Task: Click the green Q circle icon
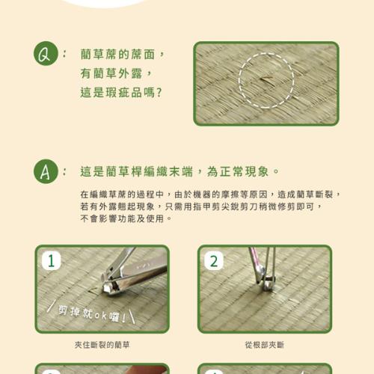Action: pyautogui.click(x=46, y=54)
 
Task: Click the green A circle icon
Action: pyautogui.click(x=46, y=171)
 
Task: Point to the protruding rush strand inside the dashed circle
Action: pyautogui.click(x=266, y=80)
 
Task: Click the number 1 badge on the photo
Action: pyautogui.click(x=52, y=261)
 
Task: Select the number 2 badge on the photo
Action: pyautogui.click(x=214, y=261)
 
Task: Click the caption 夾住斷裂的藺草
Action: pyautogui.click(x=102, y=345)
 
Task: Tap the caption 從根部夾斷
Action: pyautogui.click(x=265, y=345)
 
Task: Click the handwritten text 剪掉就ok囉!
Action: pyautogui.click(x=92, y=313)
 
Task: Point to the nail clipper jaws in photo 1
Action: pyautogui.click(x=110, y=287)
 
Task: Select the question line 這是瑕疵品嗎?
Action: pyautogui.click(x=121, y=93)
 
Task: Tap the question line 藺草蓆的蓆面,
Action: pyautogui.click(x=122, y=54)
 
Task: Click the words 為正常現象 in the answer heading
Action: pyautogui.click(x=238, y=171)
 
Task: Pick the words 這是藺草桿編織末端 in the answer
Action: pyautogui.click(x=137, y=171)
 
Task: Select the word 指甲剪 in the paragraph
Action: pyautogui.click(x=207, y=206)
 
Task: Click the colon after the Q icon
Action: pyautogui.click(x=64, y=54)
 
